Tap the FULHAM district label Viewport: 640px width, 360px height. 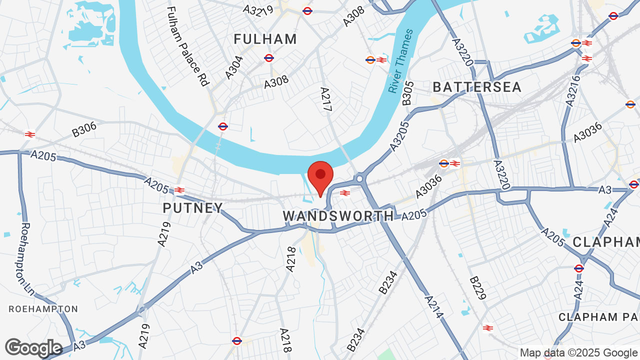pyautogui.click(x=265, y=39)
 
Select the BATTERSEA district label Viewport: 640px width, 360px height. pyautogui.click(x=477, y=87)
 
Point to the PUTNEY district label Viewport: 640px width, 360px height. pyautogui.click(x=193, y=208)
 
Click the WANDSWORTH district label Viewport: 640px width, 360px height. pyautogui.click(x=338, y=216)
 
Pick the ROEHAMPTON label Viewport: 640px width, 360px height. pyautogui.click(x=43, y=309)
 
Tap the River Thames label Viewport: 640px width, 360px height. pyautogui.click(x=401, y=60)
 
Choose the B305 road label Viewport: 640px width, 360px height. pyautogui.click(x=408, y=93)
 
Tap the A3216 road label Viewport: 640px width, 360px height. pyautogui.click(x=574, y=90)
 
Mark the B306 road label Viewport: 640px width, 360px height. pyautogui.click(x=84, y=129)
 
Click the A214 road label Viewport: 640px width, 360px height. pyautogui.click(x=433, y=306)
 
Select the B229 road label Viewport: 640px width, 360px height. pyautogui.click(x=477, y=288)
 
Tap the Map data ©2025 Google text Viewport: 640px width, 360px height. pyautogui.click(x=578, y=352)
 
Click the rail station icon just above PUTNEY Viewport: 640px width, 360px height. pyautogui.click(x=179, y=190)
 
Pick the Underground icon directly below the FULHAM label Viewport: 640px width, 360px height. pyautogui.click(x=269, y=58)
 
